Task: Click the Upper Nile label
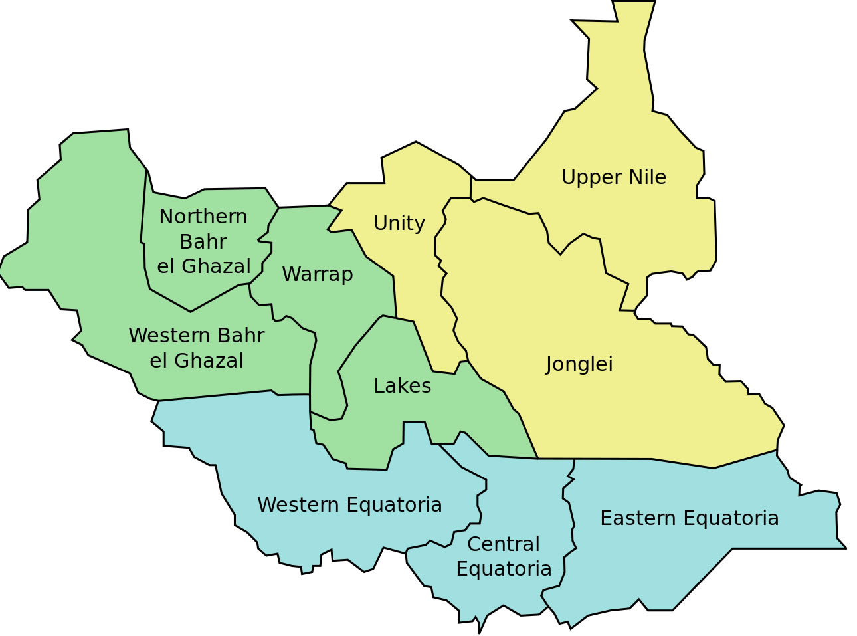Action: tap(613, 177)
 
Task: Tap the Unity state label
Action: tap(399, 223)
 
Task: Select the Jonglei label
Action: tap(579, 364)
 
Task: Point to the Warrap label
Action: tap(317, 274)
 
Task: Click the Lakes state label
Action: tap(402, 386)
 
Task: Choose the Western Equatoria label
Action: tap(349, 505)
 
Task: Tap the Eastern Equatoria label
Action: tap(689, 518)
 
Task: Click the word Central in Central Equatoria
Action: tap(503, 544)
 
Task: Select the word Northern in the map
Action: tap(203, 217)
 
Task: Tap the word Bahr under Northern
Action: tap(203, 242)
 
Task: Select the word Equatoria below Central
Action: tap(504, 570)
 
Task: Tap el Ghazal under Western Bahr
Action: tap(196, 361)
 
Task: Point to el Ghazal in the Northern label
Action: tap(203, 266)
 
